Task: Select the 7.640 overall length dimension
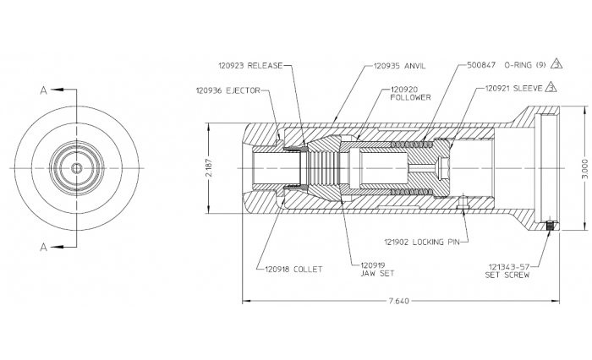tap(397, 301)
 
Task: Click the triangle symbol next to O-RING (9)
tap(556, 63)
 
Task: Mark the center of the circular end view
tap(78, 168)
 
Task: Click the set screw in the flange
tap(551, 226)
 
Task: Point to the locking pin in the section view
tap(463, 204)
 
